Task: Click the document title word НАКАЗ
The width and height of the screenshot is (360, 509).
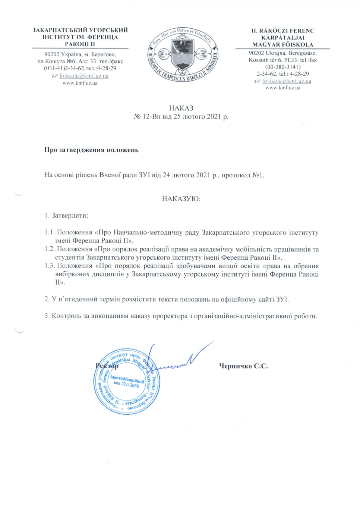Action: point(181,108)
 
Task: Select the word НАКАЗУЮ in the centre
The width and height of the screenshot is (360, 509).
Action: point(181,199)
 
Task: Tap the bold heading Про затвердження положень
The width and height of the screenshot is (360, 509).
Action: point(91,150)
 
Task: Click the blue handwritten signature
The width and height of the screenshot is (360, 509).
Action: point(175,360)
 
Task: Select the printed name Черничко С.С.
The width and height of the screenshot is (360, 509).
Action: point(243,366)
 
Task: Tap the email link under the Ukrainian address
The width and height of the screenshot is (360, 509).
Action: point(84,76)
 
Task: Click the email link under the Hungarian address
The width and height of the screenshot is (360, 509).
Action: point(286,81)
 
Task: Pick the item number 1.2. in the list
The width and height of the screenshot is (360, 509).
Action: point(50,249)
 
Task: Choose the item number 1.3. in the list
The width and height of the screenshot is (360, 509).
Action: point(50,266)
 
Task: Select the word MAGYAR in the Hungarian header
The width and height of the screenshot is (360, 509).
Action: point(264,45)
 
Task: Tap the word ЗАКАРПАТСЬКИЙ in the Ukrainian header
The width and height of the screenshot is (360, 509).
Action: point(56,30)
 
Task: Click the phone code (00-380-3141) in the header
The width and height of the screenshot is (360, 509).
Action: point(282,67)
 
